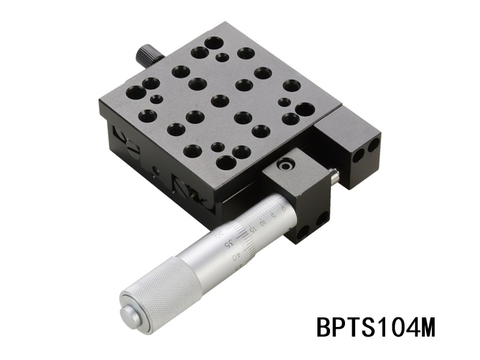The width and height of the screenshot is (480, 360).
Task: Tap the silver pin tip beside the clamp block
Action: tap(334, 175)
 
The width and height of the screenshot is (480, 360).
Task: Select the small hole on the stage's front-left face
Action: tap(156, 171)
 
